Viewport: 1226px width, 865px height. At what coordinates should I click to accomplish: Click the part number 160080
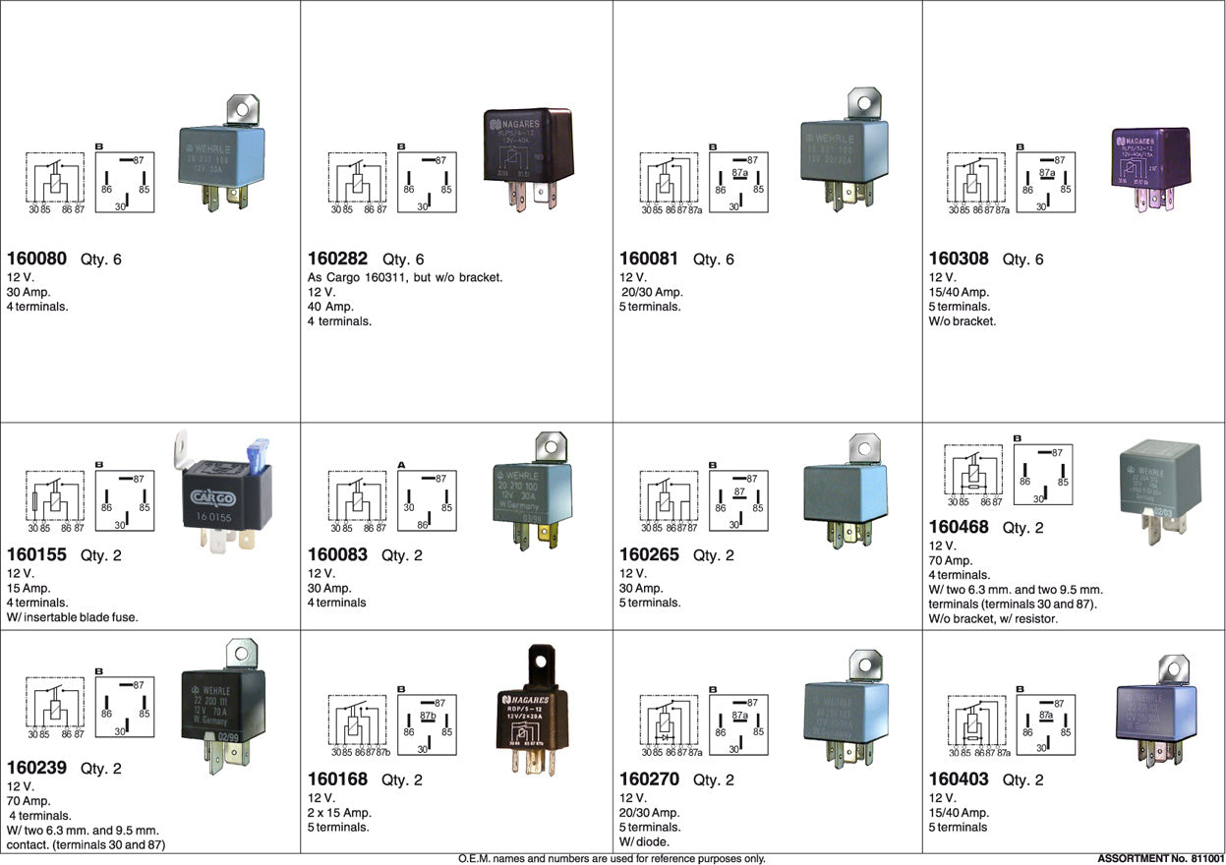pos(36,259)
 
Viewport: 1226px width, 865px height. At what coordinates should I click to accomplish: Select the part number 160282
pos(337,259)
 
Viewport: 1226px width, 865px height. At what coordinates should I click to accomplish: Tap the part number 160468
pos(959,528)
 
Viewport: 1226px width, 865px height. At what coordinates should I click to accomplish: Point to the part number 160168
pos(337,779)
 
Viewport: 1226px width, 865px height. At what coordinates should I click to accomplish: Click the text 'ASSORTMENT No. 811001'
pos(1159,858)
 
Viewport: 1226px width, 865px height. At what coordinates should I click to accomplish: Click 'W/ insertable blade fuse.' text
pos(73,617)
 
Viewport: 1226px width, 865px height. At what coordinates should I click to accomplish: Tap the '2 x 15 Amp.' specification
pos(340,813)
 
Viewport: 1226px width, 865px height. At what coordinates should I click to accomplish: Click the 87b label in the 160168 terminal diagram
pos(427,717)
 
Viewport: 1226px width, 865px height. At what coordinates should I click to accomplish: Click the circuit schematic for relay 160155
pos(54,499)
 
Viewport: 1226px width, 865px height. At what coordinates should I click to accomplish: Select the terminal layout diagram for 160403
pos(1045,725)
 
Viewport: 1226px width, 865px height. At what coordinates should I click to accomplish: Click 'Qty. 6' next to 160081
pos(714,259)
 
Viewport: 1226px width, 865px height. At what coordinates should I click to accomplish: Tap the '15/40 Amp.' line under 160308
pos(959,292)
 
